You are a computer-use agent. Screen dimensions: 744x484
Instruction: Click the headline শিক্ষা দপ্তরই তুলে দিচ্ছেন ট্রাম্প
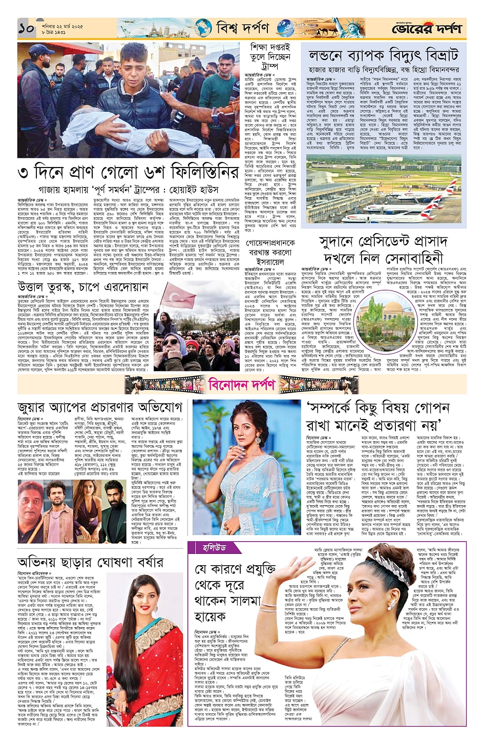pos(270,57)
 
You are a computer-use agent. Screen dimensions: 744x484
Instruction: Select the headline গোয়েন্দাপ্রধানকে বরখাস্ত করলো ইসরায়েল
pos(270,251)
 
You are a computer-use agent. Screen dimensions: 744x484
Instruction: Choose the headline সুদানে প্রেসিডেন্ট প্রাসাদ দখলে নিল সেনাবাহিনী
pos(383,250)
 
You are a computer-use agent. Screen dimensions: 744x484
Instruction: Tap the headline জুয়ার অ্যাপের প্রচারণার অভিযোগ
pos(99,408)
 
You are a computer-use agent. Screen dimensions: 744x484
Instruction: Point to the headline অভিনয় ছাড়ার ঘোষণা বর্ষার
pos(90,562)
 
